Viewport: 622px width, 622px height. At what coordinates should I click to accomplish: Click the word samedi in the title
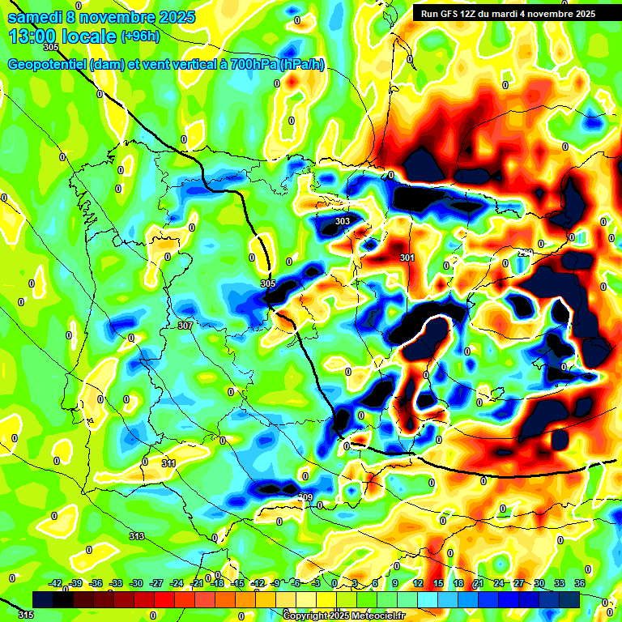36,17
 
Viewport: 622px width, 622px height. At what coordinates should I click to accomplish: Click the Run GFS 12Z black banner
505,14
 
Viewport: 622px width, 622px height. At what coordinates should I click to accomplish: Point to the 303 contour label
343,221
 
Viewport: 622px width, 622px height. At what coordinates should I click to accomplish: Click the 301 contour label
407,258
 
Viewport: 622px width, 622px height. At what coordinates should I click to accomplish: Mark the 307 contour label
185,326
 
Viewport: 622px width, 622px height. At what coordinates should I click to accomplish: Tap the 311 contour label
168,464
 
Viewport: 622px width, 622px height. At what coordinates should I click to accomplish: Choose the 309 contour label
305,497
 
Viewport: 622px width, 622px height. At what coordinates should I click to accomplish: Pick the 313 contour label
136,537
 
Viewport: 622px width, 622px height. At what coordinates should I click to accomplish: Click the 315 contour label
26,616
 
